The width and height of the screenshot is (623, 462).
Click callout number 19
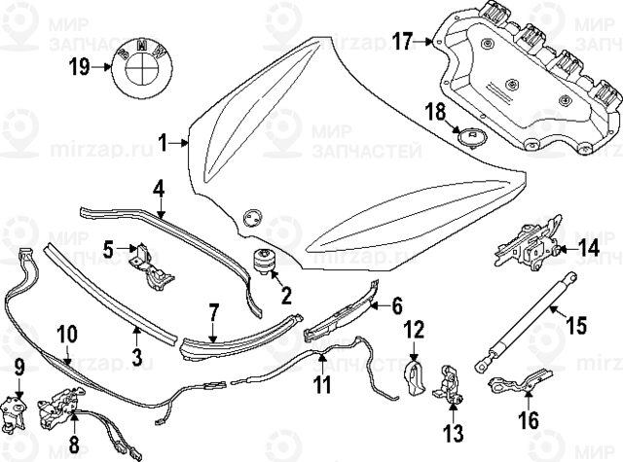pyautogui.click(x=79, y=67)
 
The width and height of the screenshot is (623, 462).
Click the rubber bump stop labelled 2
pyautogui.click(x=264, y=261)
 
